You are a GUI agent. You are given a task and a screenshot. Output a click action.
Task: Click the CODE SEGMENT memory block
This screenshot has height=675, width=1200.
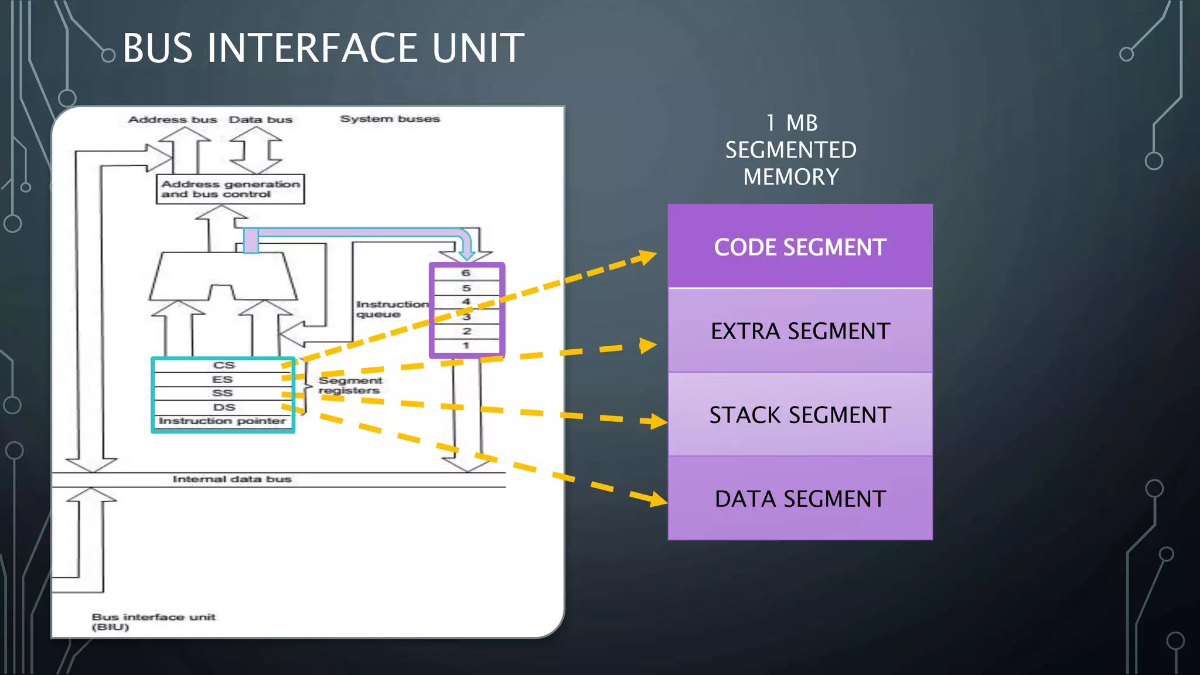[x=800, y=247]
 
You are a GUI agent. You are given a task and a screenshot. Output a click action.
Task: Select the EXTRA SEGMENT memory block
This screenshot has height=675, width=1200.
[x=800, y=331]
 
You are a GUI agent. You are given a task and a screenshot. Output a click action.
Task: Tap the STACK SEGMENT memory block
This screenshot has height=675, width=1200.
[x=800, y=415]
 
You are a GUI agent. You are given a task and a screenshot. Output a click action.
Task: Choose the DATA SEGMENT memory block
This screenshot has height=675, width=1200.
[x=800, y=499]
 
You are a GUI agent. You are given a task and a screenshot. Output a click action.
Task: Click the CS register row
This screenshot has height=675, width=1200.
[x=223, y=365]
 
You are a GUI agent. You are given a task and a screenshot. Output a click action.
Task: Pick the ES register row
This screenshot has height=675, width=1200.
[x=222, y=379]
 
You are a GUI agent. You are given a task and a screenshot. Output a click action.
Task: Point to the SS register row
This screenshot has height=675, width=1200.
[x=222, y=393]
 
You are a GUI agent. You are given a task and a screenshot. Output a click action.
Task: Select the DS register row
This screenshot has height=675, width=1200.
[x=223, y=407]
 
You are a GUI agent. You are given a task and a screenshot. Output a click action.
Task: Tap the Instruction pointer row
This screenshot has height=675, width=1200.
[x=222, y=421]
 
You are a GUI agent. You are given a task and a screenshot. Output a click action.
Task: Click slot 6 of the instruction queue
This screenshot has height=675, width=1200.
[x=466, y=273]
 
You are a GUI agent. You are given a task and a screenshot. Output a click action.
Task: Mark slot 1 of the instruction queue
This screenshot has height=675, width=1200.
[x=466, y=346]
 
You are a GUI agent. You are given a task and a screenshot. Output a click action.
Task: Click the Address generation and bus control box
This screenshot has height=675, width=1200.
[x=230, y=189]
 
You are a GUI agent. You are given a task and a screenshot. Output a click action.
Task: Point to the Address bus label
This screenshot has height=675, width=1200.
[x=172, y=120]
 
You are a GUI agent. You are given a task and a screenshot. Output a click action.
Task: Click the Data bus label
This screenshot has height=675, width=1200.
[x=260, y=120]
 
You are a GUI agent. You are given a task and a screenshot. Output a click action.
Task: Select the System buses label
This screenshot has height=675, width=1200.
[x=390, y=119]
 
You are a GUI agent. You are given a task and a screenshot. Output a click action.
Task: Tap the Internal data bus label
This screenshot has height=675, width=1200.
[x=232, y=479]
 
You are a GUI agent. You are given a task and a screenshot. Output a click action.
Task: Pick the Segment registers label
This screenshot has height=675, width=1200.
[x=350, y=386]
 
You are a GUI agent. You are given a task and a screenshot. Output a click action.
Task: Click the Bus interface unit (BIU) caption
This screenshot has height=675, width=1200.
[x=153, y=622]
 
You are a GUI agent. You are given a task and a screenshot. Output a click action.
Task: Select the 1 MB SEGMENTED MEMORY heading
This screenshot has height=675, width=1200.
[x=791, y=150]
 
